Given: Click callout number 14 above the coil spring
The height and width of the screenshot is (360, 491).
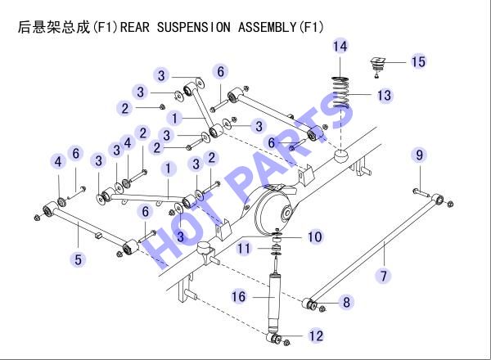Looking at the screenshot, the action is coord(340,47).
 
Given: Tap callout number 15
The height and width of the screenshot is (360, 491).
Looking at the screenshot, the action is coord(418,61).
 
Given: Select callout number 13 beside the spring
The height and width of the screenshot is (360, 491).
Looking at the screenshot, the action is coord(385,95).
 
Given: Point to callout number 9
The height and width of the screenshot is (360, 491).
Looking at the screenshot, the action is coord(419,155).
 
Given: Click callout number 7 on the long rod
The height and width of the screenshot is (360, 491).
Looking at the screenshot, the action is coord(384,276).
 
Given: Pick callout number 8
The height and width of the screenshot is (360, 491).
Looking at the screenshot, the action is coord(346,302).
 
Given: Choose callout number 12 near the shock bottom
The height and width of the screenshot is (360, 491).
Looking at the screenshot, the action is coord(316,336).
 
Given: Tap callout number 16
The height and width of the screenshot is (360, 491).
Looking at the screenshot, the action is coord(239,296).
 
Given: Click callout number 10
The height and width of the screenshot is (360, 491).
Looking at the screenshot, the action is coord(314,236).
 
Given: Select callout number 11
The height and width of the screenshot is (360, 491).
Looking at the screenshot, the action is coord(244,249).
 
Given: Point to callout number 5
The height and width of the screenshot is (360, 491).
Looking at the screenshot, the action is coord(78,259).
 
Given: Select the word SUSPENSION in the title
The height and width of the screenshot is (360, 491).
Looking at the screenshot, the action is coord(193,27).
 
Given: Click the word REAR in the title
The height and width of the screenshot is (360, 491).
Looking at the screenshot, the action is coord(135,27).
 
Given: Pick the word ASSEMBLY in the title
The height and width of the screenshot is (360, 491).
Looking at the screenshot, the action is coord(267,27).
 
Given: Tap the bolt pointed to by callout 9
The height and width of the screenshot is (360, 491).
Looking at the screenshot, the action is coord(421,193).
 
